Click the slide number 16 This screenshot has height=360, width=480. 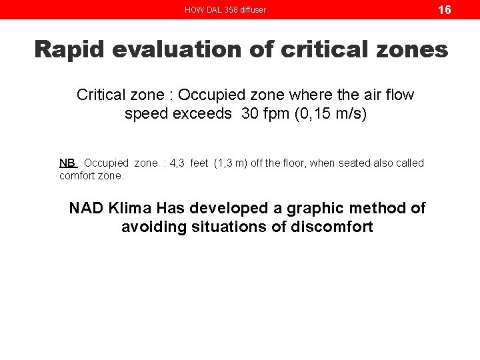(x=444, y=9)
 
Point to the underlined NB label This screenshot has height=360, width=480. (x=67, y=163)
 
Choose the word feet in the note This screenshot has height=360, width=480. (x=199, y=163)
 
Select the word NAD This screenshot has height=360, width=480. (x=85, y=209)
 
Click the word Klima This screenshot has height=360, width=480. (x=130, y=209)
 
